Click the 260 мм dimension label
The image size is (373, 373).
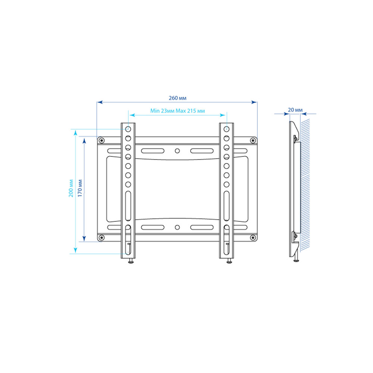(x=178, y=98)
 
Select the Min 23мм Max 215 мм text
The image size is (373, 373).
(x=178, y=111)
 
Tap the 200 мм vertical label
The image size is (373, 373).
(x=71, y=188)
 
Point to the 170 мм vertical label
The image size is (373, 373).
(x=80, y=188)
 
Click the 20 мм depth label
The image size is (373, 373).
(x=295, y=110)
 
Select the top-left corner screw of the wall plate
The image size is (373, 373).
(x=101, y=140)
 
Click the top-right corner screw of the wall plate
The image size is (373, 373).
(x=253, y=141)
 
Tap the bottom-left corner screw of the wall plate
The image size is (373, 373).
(x=101, y=237)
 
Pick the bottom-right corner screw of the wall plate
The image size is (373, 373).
(x=253, y=237)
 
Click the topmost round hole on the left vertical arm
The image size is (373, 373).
(x=128, y=129)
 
